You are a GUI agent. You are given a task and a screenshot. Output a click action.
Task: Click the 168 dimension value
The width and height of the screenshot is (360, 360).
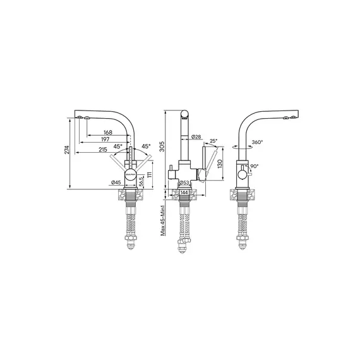coord(108,133)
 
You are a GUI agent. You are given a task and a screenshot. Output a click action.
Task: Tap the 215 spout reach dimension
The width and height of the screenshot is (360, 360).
coord(103,150)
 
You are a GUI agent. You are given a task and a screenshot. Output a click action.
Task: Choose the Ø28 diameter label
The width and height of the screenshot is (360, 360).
coord(196,137)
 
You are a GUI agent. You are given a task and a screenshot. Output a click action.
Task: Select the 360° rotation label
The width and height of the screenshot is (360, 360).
coord(257,143)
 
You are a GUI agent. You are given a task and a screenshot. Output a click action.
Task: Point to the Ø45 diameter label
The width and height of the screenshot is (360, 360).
coord(116,183)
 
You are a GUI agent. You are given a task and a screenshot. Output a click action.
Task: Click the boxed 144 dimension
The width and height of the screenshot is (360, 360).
coord(184,192)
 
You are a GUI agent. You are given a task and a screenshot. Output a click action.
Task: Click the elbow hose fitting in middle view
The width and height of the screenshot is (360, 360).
coord(182,240)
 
